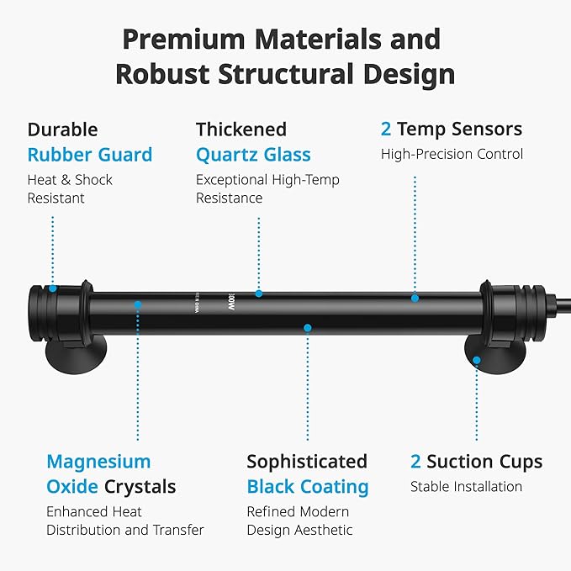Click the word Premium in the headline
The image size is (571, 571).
[x=183, y=40]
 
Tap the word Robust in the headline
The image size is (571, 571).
[x=162, y=74]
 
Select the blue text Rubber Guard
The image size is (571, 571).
[x=90, y=155]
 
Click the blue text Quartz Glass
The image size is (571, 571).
[x=253, y=155]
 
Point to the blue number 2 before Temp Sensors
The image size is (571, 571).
[x=386, y=130]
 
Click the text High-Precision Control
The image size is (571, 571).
[x=452, y=154]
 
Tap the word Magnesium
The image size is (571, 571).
[x=98, y=463]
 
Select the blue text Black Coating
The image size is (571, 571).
[x=308, y=487]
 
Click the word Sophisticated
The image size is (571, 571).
[x=307, y=463]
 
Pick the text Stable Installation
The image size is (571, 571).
[x=466, y=487]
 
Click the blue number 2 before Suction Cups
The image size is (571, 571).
[x=415, y=462]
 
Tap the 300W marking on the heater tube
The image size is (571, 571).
[x=231, y=302]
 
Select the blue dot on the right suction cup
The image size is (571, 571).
[x=476, y=361]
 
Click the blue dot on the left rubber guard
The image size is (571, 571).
[x=53, y=288]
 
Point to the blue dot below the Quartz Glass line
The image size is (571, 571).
[x=259, y=293]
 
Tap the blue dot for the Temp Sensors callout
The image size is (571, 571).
[x=415, y=299]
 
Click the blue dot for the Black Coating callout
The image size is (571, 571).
[x=308, y=328]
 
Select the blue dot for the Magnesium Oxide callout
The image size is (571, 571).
[x=138, y=304]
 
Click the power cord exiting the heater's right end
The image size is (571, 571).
[x=562, y=304]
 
